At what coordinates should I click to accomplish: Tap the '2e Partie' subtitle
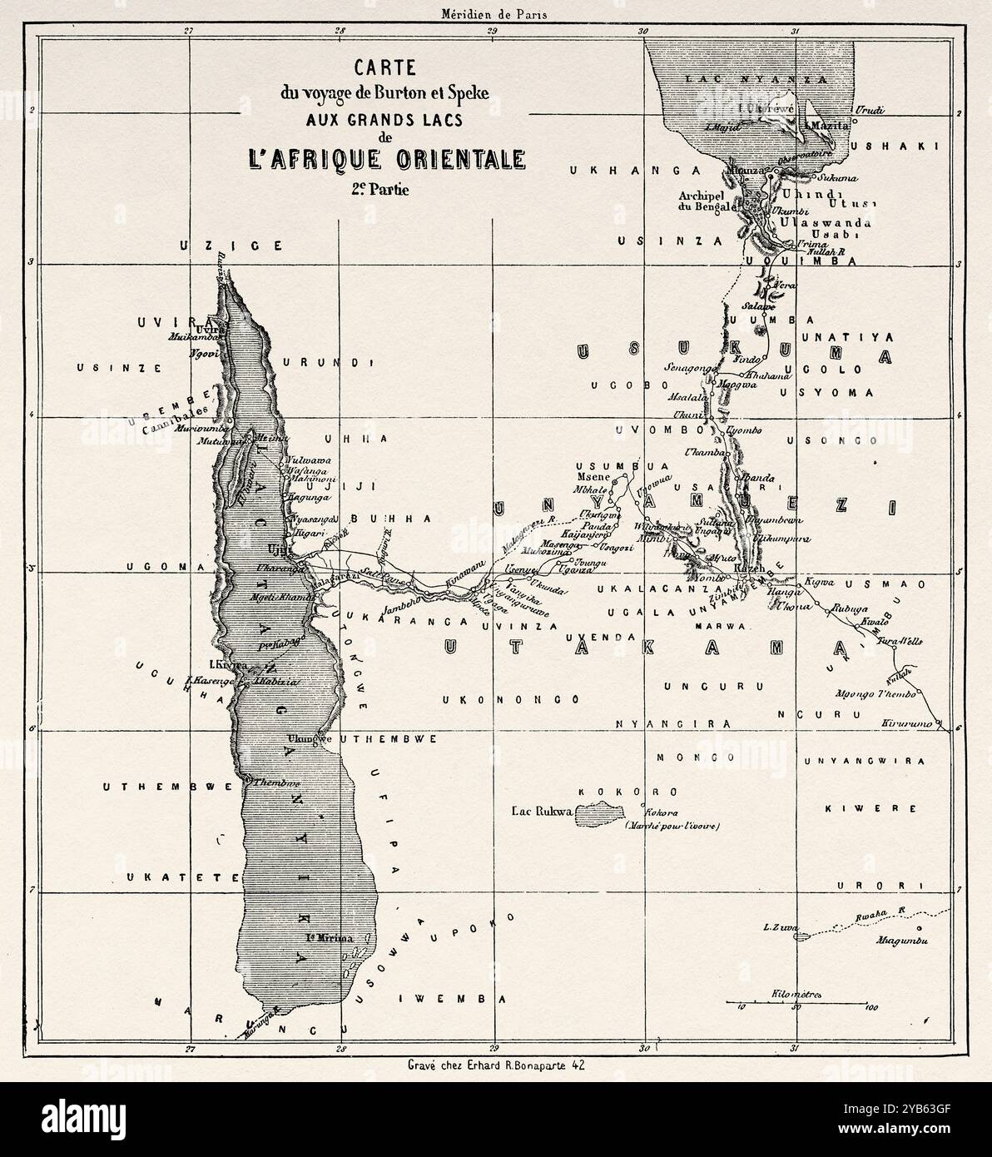pyautogui.click(x=381, y=188)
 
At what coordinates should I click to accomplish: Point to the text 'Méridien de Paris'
pyautogui.click(x=496, y=12)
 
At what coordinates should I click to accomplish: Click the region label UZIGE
pyautogui.click(x=232, y=246)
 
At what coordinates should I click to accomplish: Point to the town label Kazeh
pyautogui.click(x=752, y=568)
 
